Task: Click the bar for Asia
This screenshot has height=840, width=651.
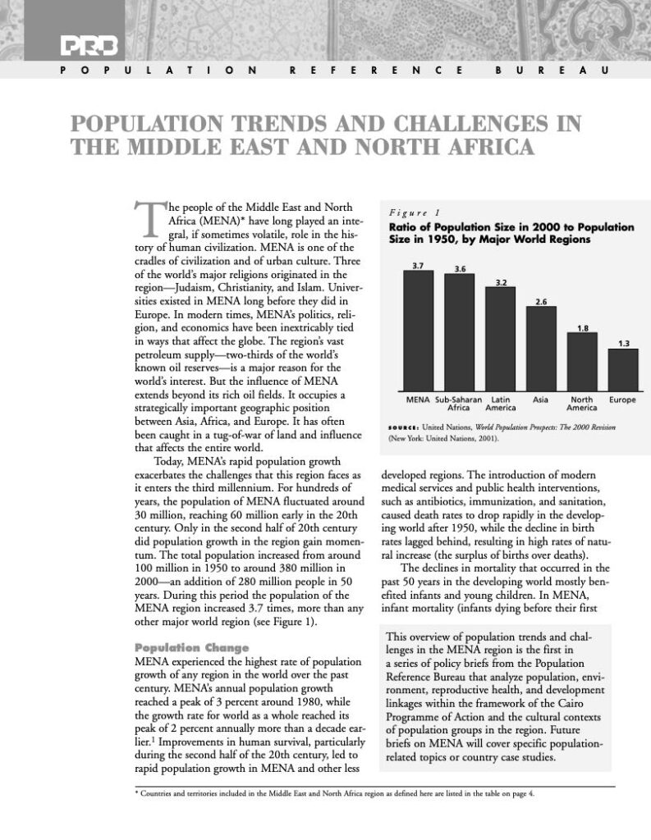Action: click(x=541, y=349)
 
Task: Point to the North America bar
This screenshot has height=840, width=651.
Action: click(x=582, y=362)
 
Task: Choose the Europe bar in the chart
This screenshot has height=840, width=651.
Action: click(x=622, y=370)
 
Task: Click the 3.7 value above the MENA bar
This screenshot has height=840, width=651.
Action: click(x=418, y=267)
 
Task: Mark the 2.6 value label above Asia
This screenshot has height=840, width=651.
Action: click(x=541, y=302)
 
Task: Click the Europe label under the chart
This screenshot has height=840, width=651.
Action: click(x=622, y=399)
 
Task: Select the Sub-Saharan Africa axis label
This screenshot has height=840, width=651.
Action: click(x=458, y=403)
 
